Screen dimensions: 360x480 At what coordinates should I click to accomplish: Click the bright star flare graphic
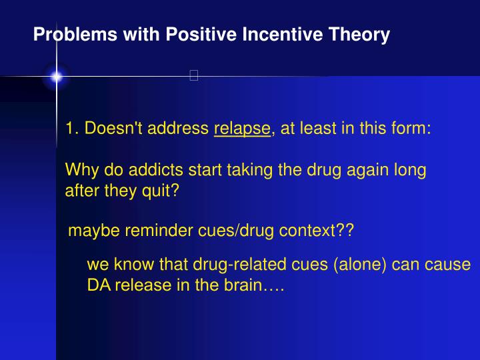[57, 77]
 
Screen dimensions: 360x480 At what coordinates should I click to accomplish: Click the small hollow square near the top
[194, 75]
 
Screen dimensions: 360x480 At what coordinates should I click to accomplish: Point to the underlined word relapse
[243, 129]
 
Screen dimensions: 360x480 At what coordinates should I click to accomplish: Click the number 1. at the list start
[73, 129]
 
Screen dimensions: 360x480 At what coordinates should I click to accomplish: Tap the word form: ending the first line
[412, 129]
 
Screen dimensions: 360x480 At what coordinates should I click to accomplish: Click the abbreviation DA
[97, 287]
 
